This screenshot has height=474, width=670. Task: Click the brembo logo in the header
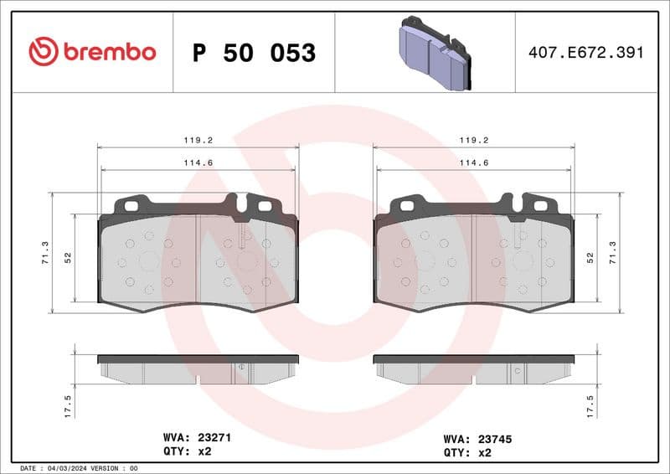coord(92,52)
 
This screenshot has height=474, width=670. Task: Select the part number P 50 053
coord(254,53)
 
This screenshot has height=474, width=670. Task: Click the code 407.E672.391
coord(585,53)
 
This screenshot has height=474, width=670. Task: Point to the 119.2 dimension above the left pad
coord(198,141)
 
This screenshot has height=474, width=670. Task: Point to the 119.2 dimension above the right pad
coord(474,141)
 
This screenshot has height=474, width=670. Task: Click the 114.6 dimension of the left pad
coord(198,162)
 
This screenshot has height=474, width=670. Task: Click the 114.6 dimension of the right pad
coord(474,162)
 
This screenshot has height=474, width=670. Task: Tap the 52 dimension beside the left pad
coord(67,258)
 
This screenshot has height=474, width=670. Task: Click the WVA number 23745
coord(493,437)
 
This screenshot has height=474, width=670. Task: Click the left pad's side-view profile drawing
coord(198,368)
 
